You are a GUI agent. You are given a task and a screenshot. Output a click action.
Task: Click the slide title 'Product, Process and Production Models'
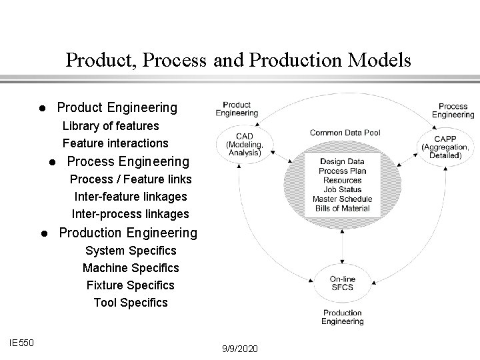tap(239, 61)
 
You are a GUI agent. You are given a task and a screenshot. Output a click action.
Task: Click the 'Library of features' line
tap(111, 125)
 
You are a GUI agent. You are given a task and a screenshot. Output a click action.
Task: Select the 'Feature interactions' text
tap(115, 143)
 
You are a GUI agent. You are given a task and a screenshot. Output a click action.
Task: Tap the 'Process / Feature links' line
tap(131, 179)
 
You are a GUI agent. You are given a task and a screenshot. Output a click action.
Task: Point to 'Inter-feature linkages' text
tap(131, 197)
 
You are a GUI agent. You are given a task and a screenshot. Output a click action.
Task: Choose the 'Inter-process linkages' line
tap(131, 214)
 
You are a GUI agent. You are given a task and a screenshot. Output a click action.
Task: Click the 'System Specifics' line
tap(131, 251)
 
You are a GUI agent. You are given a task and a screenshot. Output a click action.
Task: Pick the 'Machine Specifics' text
tap(131, 268)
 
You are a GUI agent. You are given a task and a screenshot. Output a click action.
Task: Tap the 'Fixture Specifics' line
tap(131, 285)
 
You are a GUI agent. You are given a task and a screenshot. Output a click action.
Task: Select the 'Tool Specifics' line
tap(131, 303)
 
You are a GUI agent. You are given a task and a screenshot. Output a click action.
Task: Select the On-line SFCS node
tap(341, 283)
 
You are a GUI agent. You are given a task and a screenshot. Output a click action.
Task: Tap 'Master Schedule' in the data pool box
tap(341, 199)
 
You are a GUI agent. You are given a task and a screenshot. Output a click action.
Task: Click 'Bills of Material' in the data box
tap(341, 209)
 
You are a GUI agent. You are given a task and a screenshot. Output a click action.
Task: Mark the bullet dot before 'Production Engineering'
tap(41, 234)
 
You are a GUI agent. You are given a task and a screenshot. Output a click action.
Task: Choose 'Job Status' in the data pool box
tap(341, 190)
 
